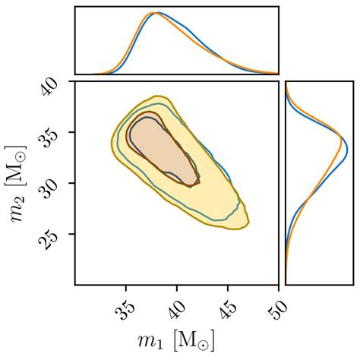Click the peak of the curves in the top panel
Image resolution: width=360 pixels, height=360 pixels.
pos(156,13)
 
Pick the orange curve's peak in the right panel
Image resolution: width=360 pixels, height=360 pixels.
pos(342,139)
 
